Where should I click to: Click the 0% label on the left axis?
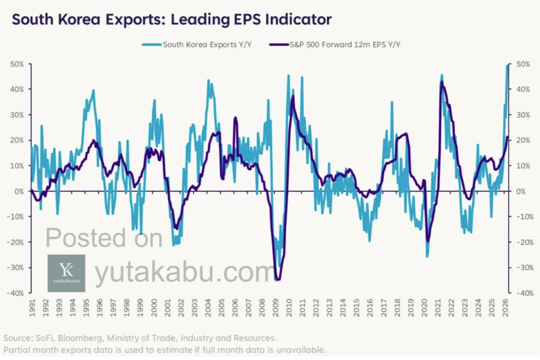[x=20, y=191]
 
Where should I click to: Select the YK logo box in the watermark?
[x=66, y=273]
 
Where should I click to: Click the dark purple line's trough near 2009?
[x=278, y=280]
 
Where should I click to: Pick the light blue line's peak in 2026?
[x=507, y=65]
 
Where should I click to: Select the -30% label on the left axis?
[x=17, y=268]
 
